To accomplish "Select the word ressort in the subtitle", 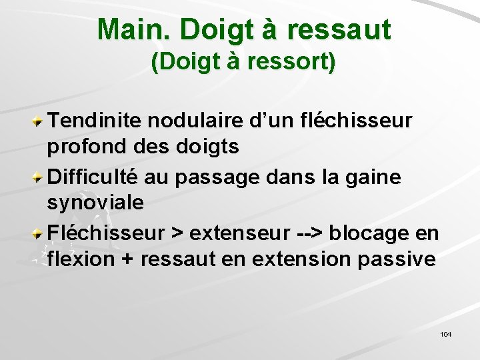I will (291, 63).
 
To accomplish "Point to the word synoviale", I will (95, 203).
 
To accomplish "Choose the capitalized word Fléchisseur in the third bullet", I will (105, 233).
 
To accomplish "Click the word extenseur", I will (239, 234).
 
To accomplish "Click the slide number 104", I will (446, 334).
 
